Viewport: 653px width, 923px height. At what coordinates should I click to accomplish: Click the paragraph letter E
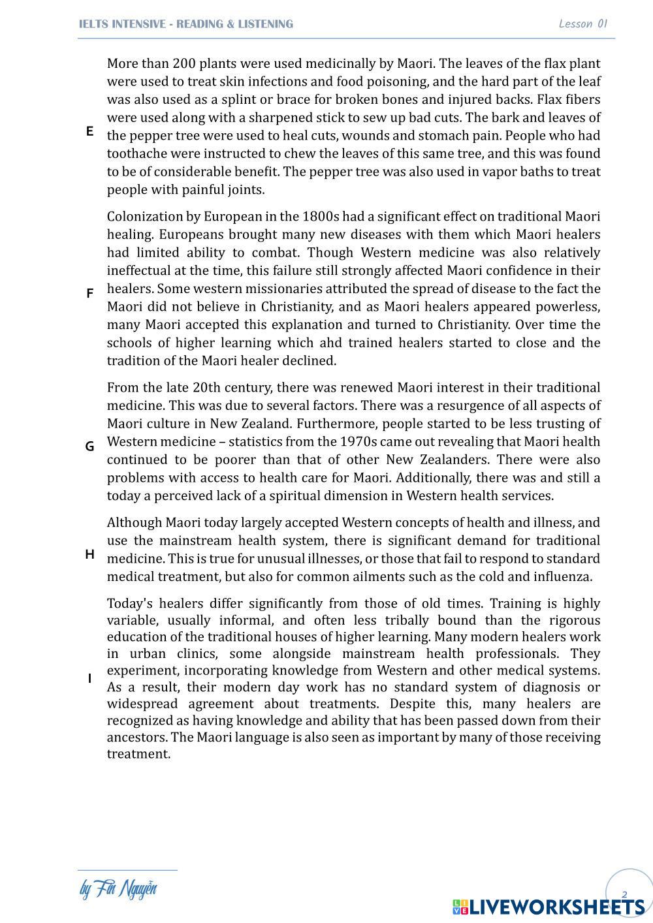(x=89, y=131)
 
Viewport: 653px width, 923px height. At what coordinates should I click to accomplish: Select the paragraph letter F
(x=89, y=294)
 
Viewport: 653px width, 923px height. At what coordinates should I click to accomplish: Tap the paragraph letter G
(x=89, y=446)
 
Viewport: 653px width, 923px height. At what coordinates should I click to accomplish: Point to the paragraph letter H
(x=89, y=554)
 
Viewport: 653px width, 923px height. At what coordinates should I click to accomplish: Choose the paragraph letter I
(x=89, y=679)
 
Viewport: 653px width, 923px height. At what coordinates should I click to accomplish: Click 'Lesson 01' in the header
(x=583, y=24)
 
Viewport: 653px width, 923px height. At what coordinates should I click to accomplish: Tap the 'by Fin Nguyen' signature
(x=118, y=889)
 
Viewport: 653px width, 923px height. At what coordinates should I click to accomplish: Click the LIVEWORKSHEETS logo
(x=549, y=907)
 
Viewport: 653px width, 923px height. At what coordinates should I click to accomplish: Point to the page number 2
(x=624, y=894)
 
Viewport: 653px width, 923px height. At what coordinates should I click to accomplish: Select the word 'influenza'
(x=562, y=577)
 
